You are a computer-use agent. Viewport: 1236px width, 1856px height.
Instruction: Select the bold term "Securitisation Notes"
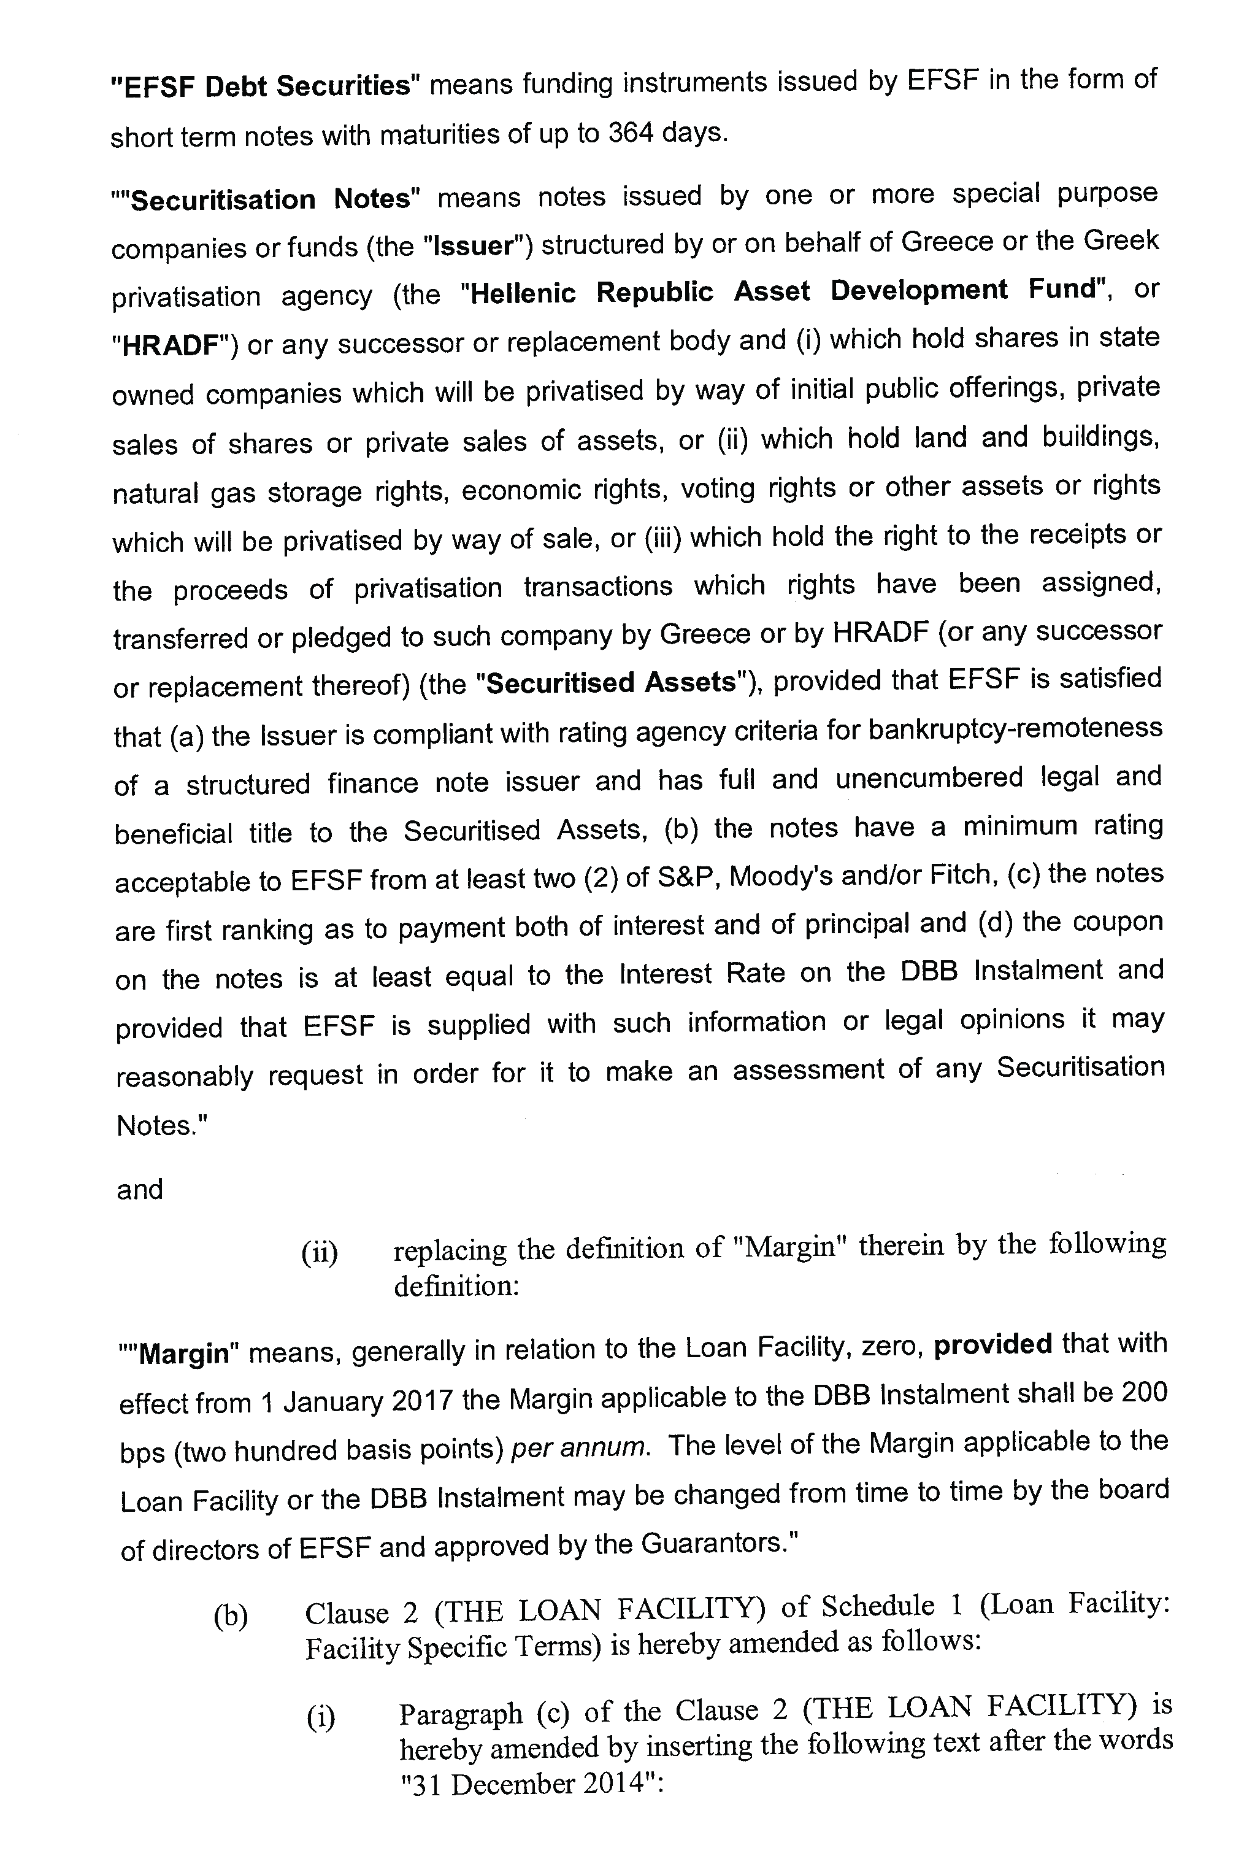[x=272, y=199]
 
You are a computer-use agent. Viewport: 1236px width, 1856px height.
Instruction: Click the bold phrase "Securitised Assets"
[x=611, y=683]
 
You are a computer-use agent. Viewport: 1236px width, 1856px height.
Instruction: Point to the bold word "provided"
[x=992, y=1344]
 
